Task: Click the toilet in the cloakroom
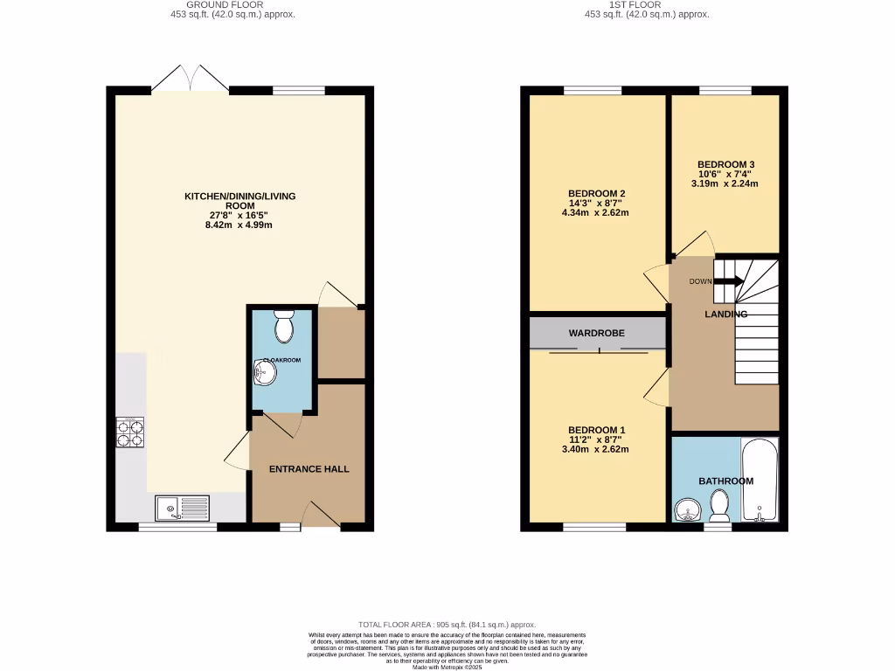[x=282, y=328]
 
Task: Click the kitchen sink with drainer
[x=183, y=507]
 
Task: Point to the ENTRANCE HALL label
[x=309, y=469]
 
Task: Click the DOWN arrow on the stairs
[x=728, y=281]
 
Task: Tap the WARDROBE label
[x=596, y=333]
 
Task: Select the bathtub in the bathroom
[x=759, y=481]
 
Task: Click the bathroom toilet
[x=719, y=505]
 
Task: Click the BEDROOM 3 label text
[x=725, y=164]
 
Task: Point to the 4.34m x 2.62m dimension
[x=598, y=212]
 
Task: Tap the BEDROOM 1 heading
[x=597, y=430]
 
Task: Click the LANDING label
[x=726, y=314]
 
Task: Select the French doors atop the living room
[x=190, y=79]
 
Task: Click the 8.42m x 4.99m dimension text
[x=239, y=225]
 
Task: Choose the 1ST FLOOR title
[x=646, y=4]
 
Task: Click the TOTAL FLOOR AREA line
[x=447, y=625]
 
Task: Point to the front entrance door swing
[x=321, y=515]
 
